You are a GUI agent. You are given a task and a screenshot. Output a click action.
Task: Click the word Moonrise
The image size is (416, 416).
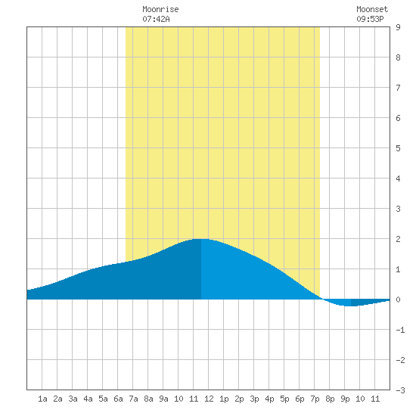160,9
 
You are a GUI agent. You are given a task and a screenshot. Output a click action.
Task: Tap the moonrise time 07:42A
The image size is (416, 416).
156,19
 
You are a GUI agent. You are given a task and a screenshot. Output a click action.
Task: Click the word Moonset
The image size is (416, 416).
372,9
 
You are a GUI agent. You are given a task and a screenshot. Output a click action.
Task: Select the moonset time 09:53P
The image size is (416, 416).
370,19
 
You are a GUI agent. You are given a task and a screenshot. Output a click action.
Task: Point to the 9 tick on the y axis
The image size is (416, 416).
398,27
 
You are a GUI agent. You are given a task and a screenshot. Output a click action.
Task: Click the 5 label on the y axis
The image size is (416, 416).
398,148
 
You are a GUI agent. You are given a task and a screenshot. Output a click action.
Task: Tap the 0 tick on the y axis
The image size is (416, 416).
398,300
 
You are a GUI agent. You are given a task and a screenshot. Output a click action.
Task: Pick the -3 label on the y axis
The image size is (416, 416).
400,390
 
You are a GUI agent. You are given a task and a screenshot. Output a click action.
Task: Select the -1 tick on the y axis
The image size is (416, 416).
400,330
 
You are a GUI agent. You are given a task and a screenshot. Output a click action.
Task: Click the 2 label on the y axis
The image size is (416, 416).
398,239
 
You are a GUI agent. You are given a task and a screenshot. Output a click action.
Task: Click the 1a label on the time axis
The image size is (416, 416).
42,399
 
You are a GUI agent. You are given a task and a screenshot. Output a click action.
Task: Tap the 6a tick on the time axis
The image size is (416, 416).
118,399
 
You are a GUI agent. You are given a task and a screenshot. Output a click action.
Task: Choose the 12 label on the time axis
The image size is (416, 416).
209,399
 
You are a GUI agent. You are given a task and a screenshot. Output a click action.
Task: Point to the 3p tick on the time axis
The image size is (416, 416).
254,399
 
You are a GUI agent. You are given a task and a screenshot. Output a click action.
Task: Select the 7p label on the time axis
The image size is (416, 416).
315,399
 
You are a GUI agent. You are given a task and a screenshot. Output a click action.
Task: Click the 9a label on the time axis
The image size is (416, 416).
163,399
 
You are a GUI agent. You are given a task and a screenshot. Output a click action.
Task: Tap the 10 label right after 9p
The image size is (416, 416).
360,399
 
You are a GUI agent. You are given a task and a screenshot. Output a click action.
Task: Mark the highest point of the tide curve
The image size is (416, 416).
201,239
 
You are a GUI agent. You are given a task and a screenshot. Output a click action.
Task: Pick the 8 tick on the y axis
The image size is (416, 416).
398,57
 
